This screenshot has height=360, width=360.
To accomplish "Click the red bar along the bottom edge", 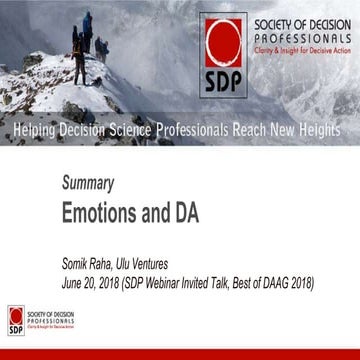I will (x=180, y=354).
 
